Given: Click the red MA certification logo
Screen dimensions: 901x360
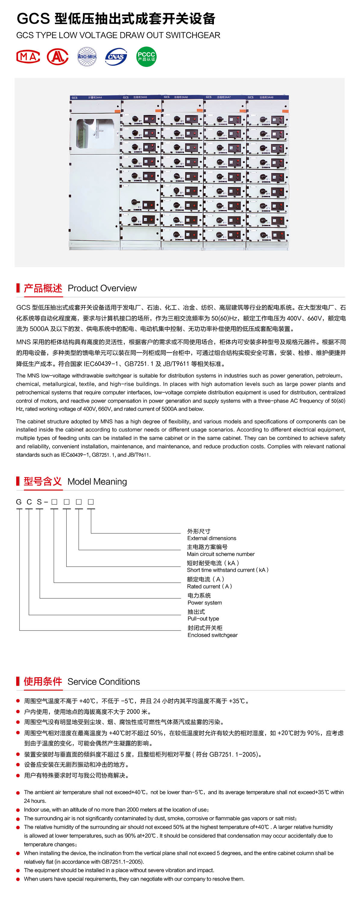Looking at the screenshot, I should [x=28, y=57].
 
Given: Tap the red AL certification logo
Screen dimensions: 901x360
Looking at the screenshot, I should [x=57, y=57].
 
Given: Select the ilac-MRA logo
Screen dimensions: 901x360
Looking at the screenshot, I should [x=87, y=57].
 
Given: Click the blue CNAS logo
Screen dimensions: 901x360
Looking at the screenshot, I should [x=116, y=57].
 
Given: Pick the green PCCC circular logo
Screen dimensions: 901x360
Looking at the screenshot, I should [x=146, y=57].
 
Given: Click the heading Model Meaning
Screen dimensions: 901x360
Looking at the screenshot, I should [x=97, y=482].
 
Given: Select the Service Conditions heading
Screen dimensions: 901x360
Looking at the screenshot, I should [x=103, y=682].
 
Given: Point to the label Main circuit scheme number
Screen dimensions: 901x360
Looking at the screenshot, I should [x=220, y=554].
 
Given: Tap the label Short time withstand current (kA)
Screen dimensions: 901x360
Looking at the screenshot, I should [x=227, y=570].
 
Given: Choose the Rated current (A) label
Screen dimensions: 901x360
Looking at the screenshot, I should [x=209, y=587].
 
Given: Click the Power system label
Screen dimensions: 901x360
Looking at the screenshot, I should [x=204, y=603].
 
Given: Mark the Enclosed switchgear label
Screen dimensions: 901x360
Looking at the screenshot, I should [x=212, y=635].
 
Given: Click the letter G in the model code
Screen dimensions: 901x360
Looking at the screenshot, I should [x=19, y=502].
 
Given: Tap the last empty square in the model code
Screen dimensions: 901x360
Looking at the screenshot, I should [x=91, y=502].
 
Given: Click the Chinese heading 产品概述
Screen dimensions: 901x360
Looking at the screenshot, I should [x=43, y=288].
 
